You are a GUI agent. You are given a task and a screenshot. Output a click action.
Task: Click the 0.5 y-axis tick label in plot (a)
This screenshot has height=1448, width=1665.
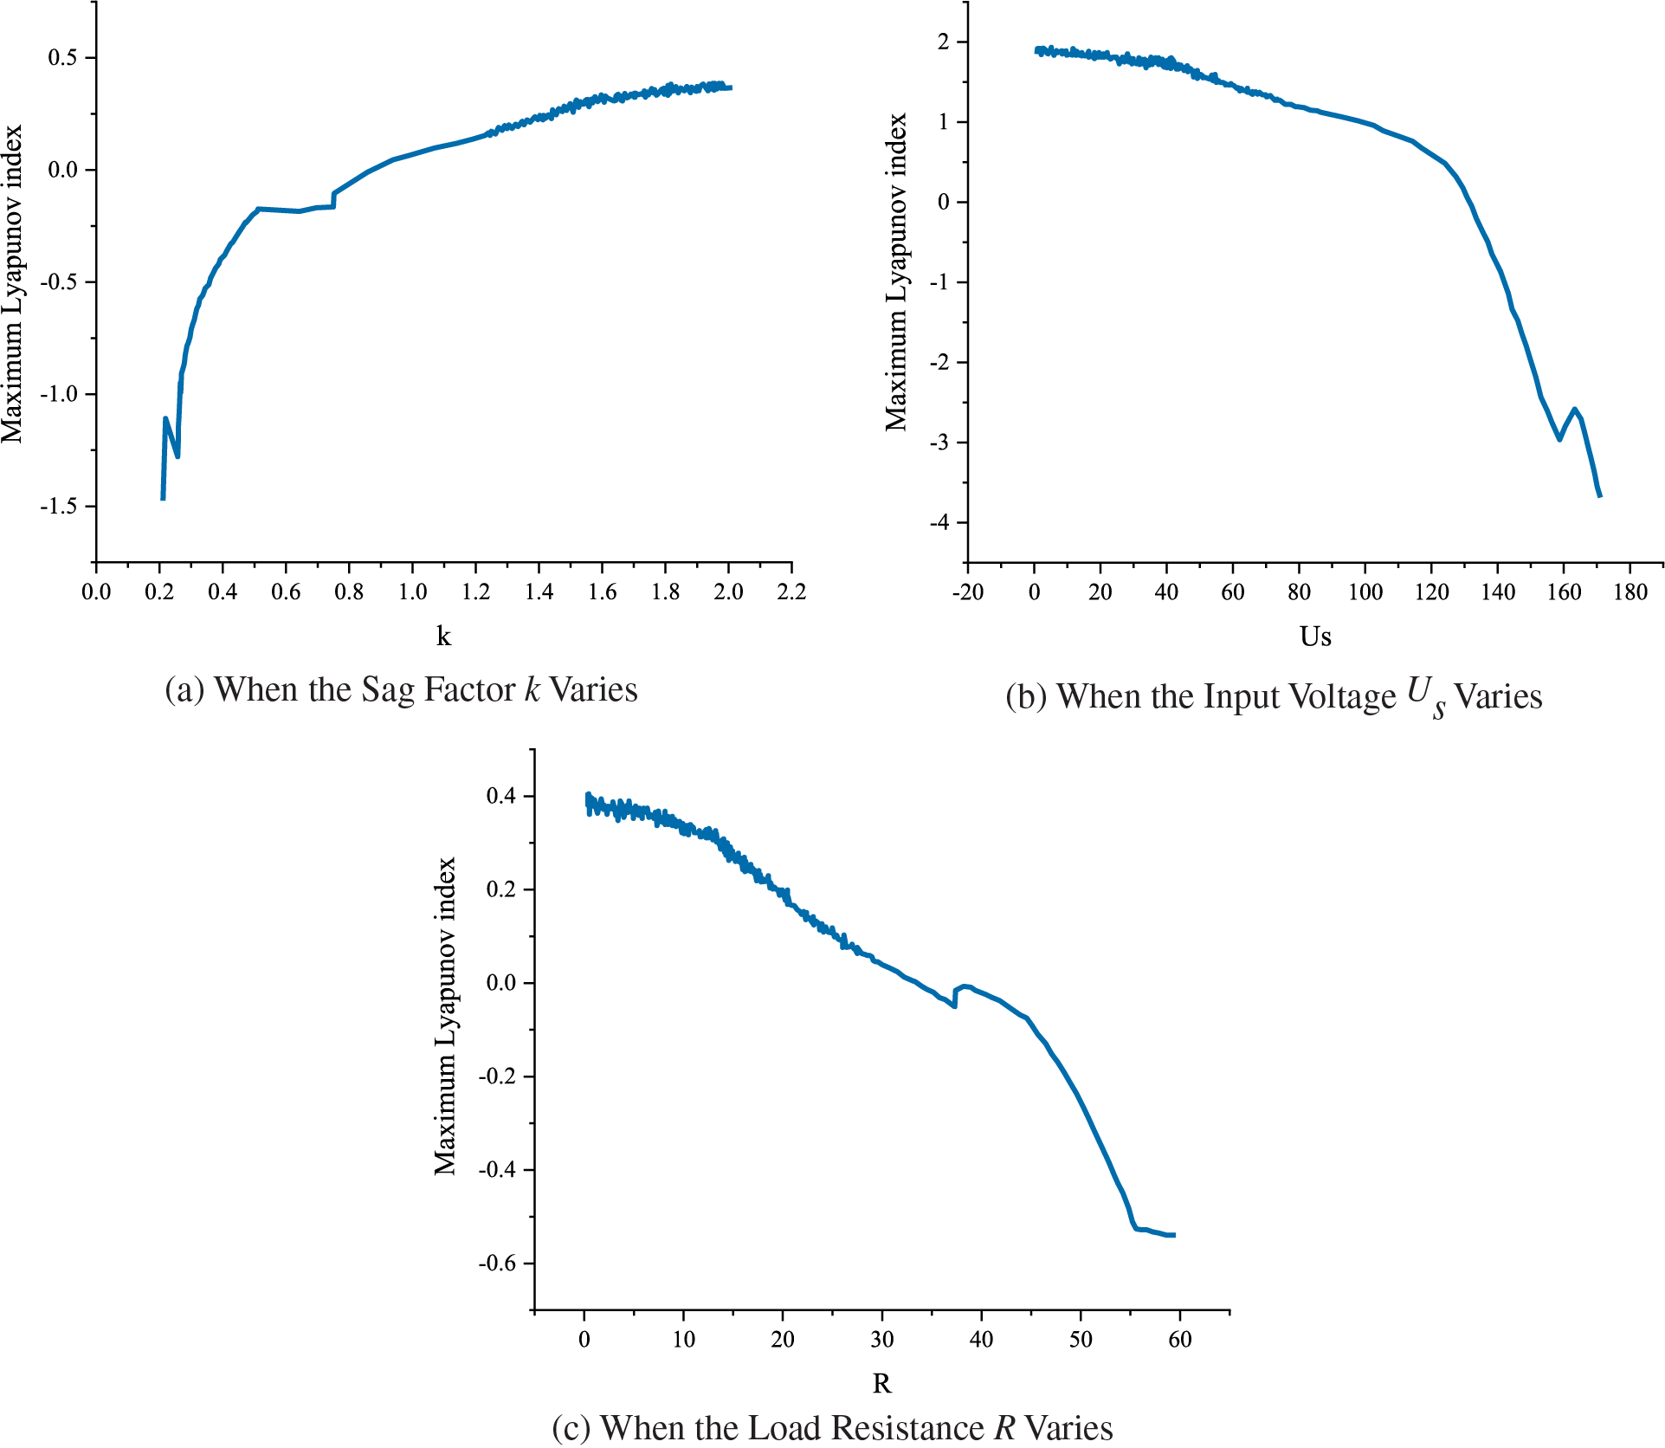(61, 58)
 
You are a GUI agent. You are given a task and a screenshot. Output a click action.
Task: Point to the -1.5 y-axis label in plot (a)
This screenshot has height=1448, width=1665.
(58, 506)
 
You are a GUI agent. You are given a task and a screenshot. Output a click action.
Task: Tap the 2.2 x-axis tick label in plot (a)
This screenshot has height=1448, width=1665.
(791, 591)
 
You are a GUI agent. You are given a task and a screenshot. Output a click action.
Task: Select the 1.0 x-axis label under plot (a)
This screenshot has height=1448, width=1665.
(412, 591)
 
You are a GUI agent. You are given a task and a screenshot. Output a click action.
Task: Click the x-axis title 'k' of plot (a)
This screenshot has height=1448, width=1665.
(443, 637)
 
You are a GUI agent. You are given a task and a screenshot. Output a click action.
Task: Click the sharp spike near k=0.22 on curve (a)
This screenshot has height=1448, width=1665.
(165, 419)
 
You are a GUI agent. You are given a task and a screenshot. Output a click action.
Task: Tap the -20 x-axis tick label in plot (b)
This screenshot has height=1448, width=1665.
(967, 592)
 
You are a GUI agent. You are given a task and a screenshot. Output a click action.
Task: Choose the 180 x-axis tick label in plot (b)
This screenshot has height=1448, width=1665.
(1630, 592)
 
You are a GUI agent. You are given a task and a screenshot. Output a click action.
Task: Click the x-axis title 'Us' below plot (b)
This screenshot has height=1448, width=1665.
(1314, 637)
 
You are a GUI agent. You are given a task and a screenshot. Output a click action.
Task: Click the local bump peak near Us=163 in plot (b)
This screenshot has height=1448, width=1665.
(1574, 410)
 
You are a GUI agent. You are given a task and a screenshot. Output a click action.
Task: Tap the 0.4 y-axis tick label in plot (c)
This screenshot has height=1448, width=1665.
(500, 796)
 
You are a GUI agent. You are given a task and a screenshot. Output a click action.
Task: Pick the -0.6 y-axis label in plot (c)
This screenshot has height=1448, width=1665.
(496, 1264)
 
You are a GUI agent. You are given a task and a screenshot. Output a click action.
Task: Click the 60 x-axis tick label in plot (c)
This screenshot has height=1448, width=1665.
(1179, 1340)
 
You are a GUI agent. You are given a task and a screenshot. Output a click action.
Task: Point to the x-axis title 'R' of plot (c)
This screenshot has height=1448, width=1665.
(881, 1384)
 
